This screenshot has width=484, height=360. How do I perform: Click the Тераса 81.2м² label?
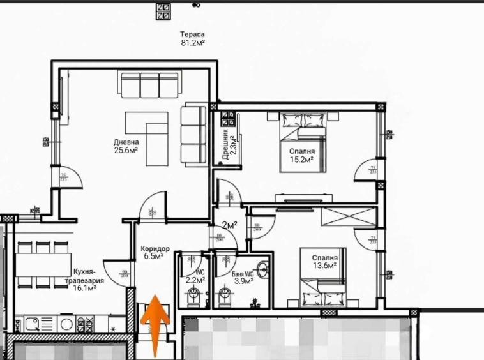pos(193,39)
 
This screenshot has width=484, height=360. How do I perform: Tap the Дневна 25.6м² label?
pos(126,147)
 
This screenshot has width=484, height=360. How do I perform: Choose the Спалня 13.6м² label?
pos(324,262)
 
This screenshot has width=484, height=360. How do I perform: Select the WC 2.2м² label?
pos(195,276)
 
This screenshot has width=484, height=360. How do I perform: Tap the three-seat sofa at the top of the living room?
pos(149,84)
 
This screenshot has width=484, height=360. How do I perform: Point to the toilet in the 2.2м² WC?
pos(195,296)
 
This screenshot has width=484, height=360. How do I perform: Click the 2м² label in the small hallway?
pos(229,225)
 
